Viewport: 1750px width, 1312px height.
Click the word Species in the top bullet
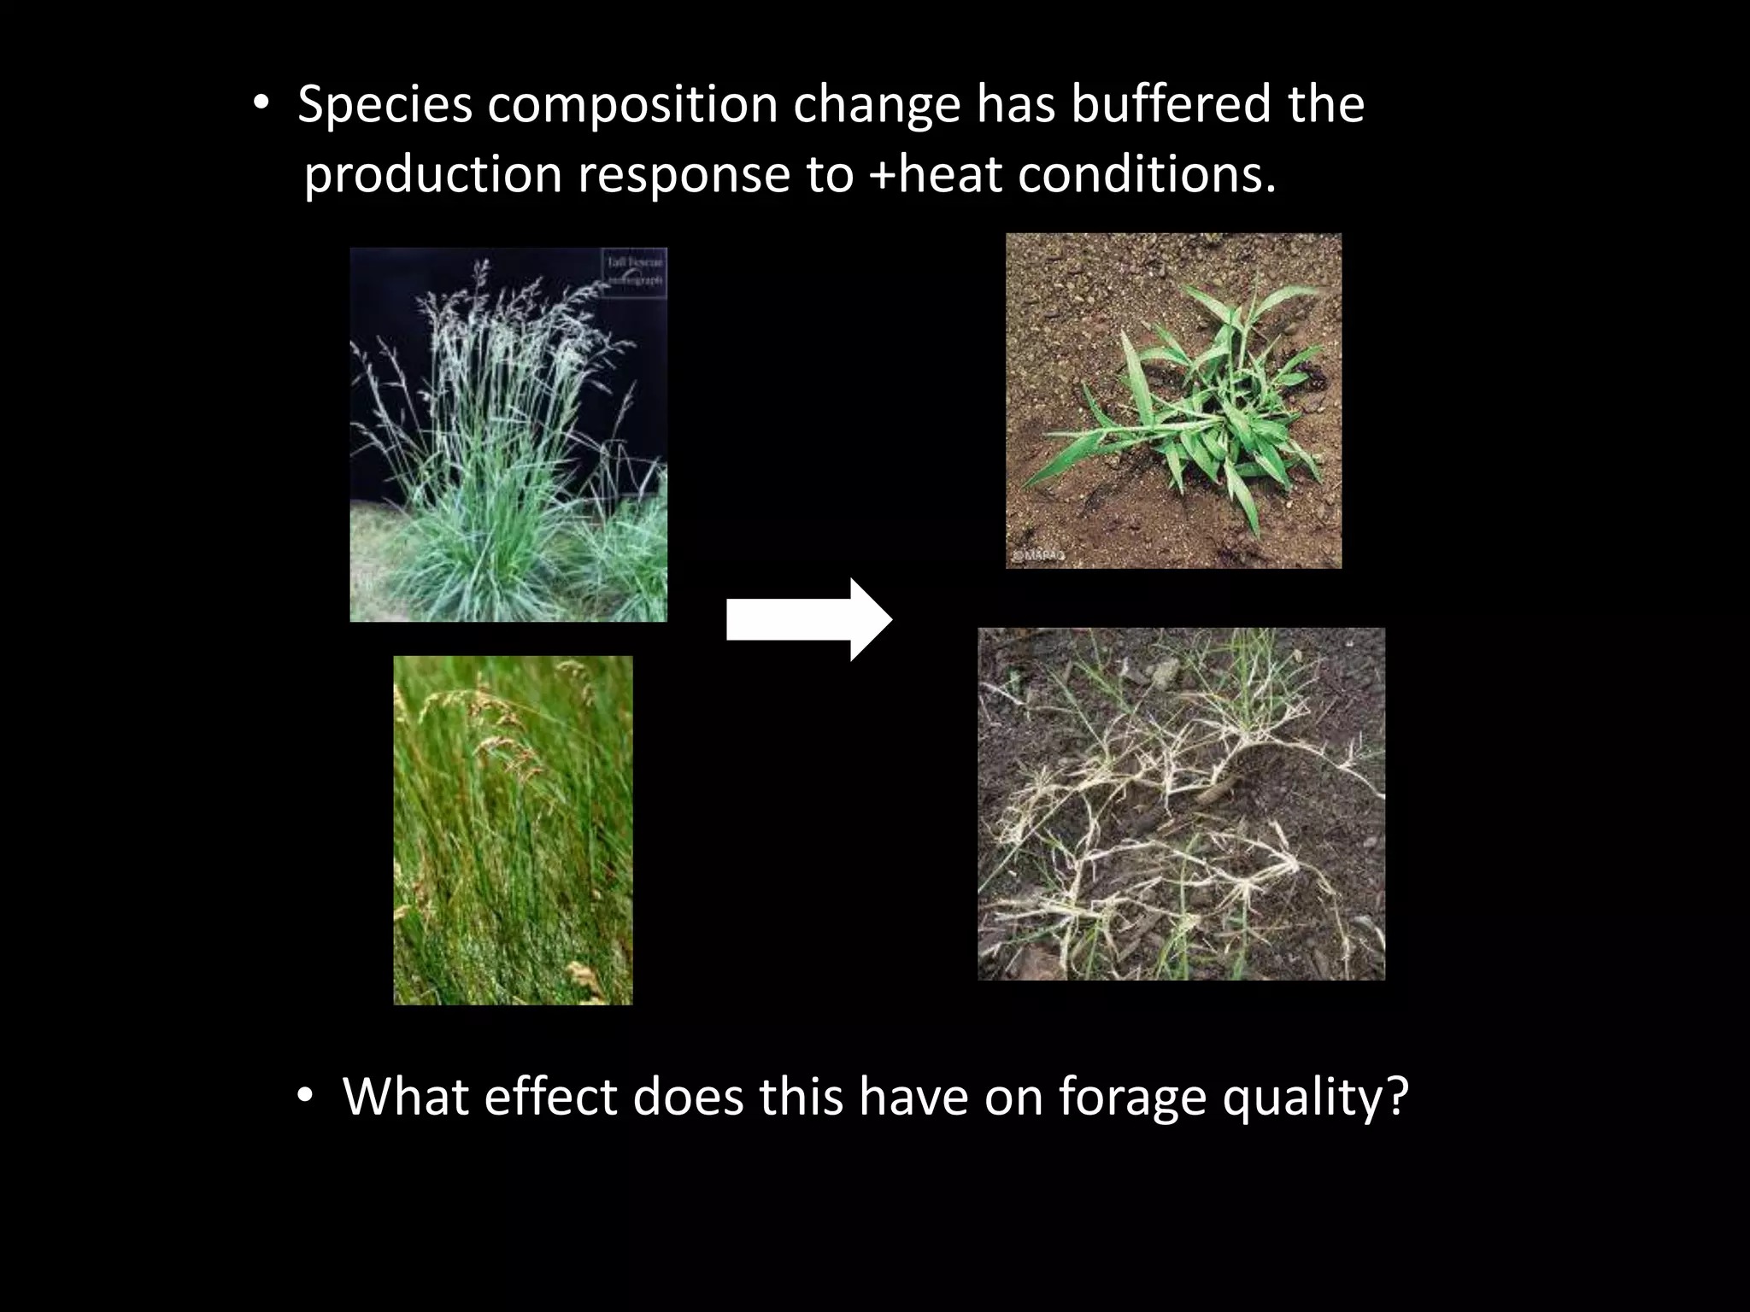click(x=385, y=106)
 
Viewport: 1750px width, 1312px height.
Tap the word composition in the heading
click(x=632, y=106)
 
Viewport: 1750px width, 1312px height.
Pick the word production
click(x=432, y=176)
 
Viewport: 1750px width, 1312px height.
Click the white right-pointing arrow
click(x=808, y=619)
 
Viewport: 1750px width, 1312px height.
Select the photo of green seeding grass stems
click(x=513, y=829)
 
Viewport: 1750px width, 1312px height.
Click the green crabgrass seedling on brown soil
click(x=1173, y=401)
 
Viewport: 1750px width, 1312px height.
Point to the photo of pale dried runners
click(x=1181, y=804)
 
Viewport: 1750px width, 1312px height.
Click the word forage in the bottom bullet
click(x=1131, y=1098)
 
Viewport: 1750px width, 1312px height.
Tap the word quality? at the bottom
click(x=1315, y=1098)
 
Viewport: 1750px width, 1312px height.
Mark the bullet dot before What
click(x=305, y=1097)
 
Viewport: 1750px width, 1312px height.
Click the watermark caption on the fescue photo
click(x=634, y=271)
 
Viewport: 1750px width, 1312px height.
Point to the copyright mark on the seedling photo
click(x=1037, y=555)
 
